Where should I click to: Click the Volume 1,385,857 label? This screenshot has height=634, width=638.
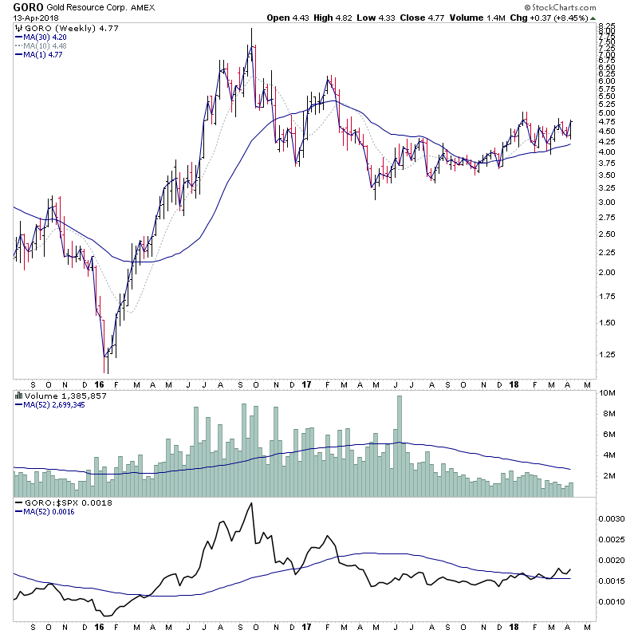pos(54,395)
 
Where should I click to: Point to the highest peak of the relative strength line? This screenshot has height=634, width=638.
pos(252,503)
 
